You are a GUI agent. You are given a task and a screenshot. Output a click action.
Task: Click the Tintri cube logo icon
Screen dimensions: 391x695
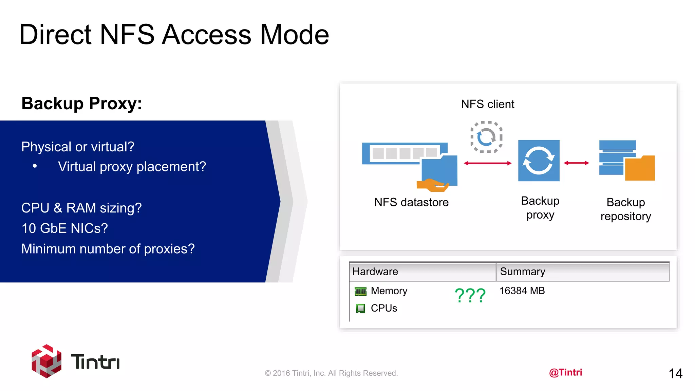point(46,361)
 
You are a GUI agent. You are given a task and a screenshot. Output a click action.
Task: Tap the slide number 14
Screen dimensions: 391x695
point(675,374)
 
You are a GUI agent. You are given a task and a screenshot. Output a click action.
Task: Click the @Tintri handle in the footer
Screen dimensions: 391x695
point(565,372)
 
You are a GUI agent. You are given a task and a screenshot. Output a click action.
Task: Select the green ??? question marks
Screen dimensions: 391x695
point(470,295)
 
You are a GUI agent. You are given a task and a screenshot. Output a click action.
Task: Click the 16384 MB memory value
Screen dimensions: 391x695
point(522,291)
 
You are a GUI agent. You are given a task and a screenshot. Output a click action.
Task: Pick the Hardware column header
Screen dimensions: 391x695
point(375,272)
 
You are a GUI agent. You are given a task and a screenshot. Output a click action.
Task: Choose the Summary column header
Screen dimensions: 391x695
point(523,272)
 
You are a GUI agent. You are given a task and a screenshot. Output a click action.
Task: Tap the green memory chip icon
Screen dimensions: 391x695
point(360,291)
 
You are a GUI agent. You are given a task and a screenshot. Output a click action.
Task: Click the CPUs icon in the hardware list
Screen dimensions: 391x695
point(360,308)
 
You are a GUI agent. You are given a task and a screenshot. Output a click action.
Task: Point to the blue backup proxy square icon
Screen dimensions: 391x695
point(539,161)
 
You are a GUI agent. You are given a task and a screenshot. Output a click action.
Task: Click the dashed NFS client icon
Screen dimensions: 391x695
point(486,137)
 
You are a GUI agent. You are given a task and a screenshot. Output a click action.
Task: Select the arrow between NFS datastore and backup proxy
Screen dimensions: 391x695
point(488,163)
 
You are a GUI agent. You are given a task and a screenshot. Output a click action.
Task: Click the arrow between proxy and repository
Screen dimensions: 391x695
point(576,163)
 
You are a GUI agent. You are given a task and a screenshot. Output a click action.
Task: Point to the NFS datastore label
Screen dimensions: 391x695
point(411,202)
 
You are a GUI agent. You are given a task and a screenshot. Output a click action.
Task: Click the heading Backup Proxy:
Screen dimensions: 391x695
point(81,104)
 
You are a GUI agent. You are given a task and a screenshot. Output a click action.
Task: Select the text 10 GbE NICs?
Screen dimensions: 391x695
point(64,228)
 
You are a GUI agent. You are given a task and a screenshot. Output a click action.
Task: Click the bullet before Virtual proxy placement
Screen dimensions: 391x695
point(35,166)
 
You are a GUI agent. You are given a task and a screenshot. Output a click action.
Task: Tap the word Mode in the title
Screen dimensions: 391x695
point(295,35)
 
